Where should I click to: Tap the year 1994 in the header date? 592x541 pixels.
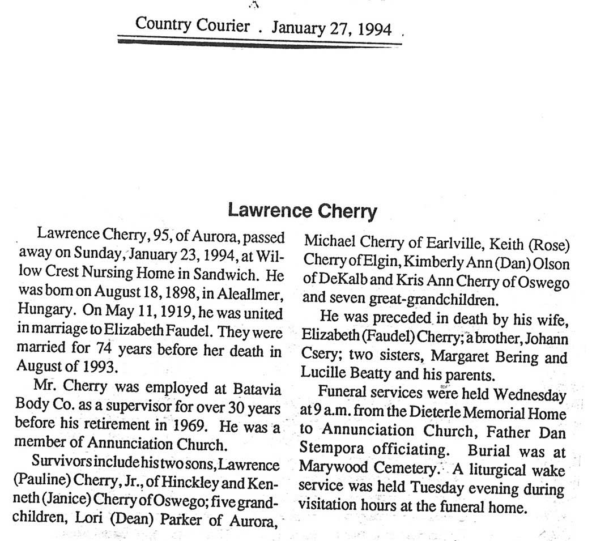coord(375,28)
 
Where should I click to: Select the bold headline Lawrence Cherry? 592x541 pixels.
coord(302,211)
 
